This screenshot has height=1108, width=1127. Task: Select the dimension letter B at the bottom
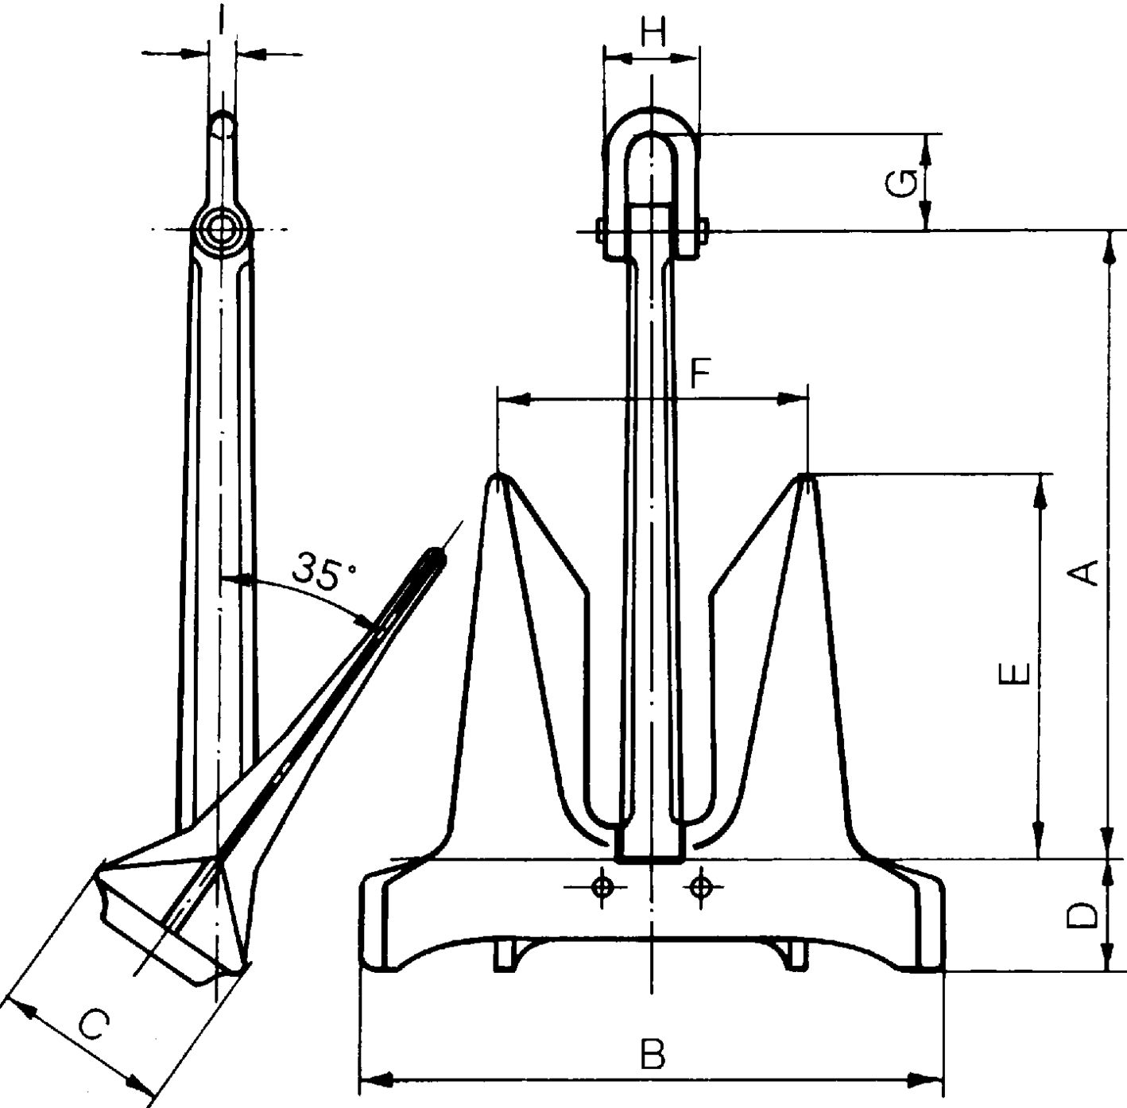[x=653, y=1055]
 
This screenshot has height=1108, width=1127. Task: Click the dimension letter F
[x=699, y=374]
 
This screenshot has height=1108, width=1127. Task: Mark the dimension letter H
[x=652, y=33]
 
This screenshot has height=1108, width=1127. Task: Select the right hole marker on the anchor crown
[x=699, y=886]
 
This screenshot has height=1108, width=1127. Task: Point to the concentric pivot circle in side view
[x=221, y=231]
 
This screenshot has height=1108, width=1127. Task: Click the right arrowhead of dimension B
[x=930, y=1080]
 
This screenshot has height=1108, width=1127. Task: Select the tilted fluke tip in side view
[x=436, y=553]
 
